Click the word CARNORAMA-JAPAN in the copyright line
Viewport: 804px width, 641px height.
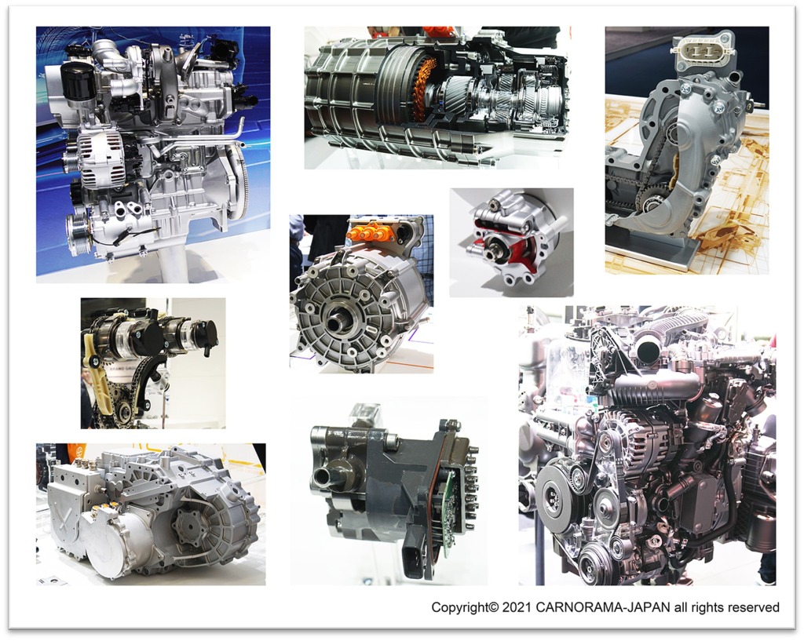pos(603,608)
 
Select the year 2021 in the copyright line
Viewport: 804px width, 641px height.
pos(517,608)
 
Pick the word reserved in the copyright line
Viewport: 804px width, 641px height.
pos(753,608)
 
